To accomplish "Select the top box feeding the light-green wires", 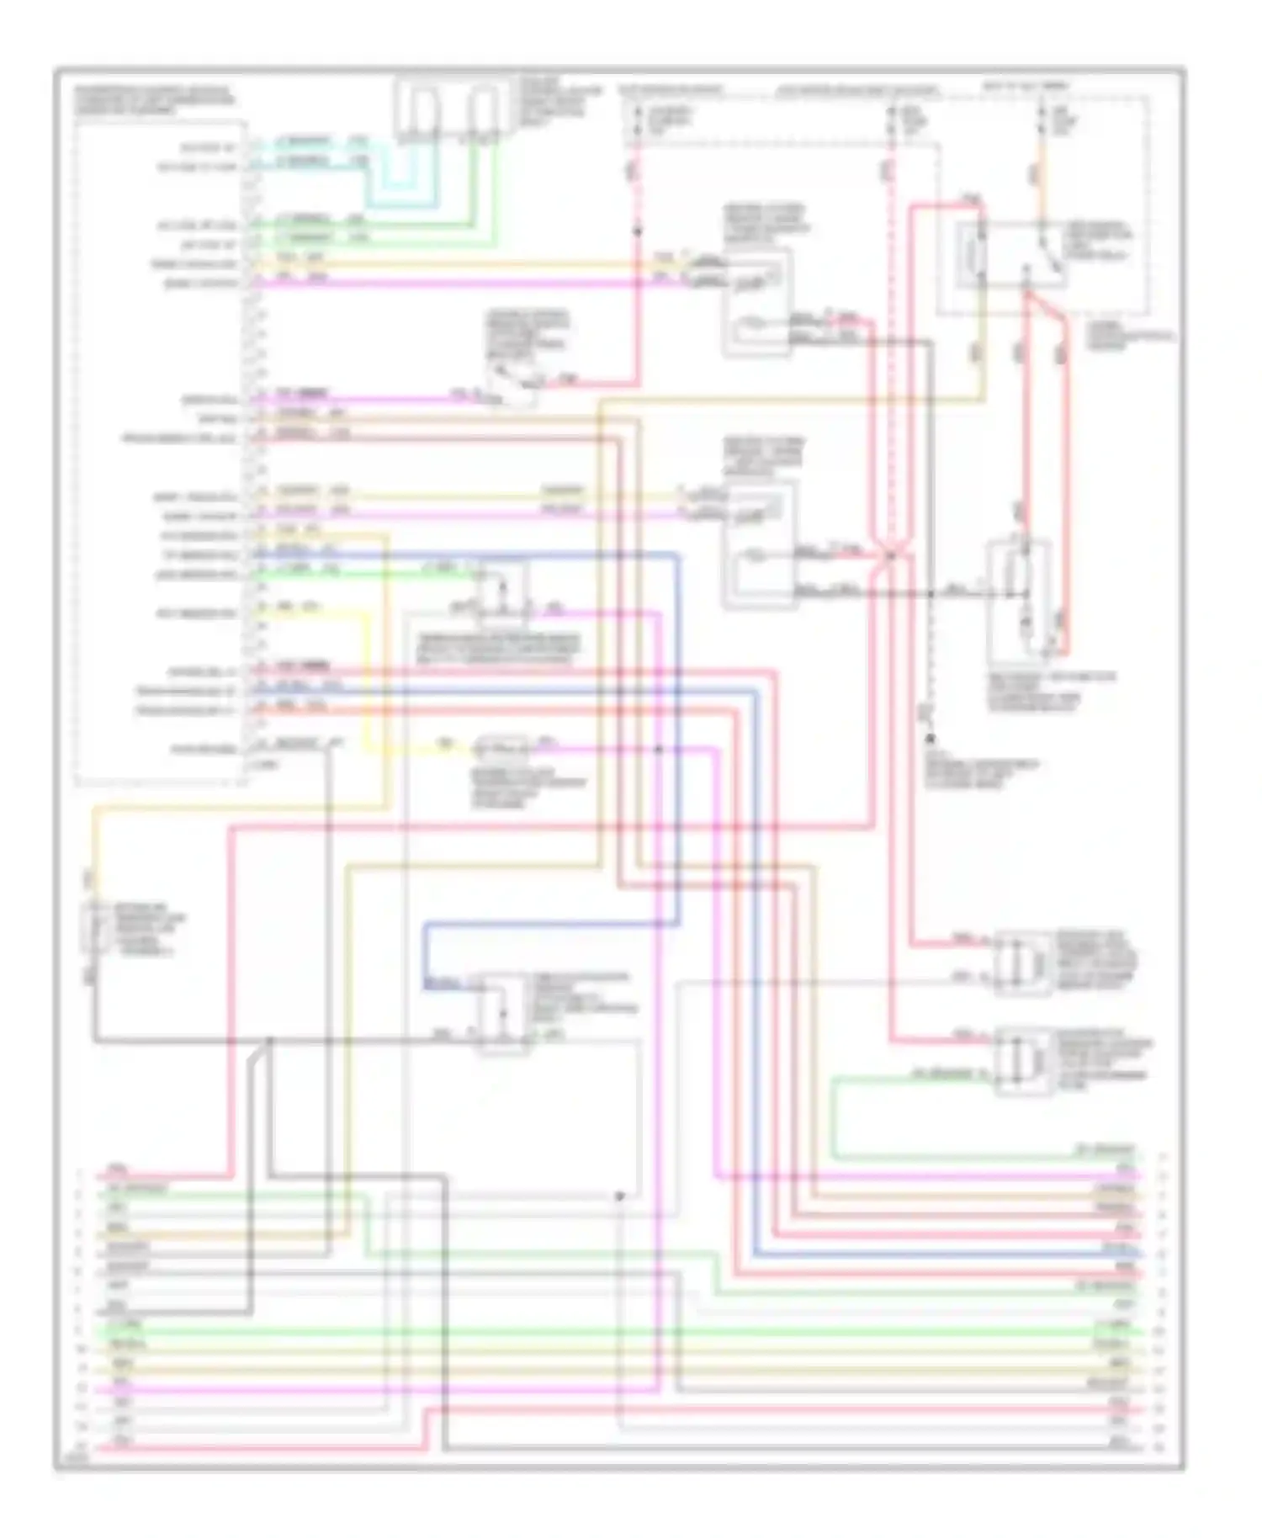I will tap(483, 110).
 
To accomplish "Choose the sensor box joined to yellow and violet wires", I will tap(758, 543).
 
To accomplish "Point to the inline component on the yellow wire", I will tap(501, 747).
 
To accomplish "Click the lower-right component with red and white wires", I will tap(1021, 963).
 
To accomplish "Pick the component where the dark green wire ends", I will tap(1021, 1060).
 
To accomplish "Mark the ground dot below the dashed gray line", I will tap(931, 738).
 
